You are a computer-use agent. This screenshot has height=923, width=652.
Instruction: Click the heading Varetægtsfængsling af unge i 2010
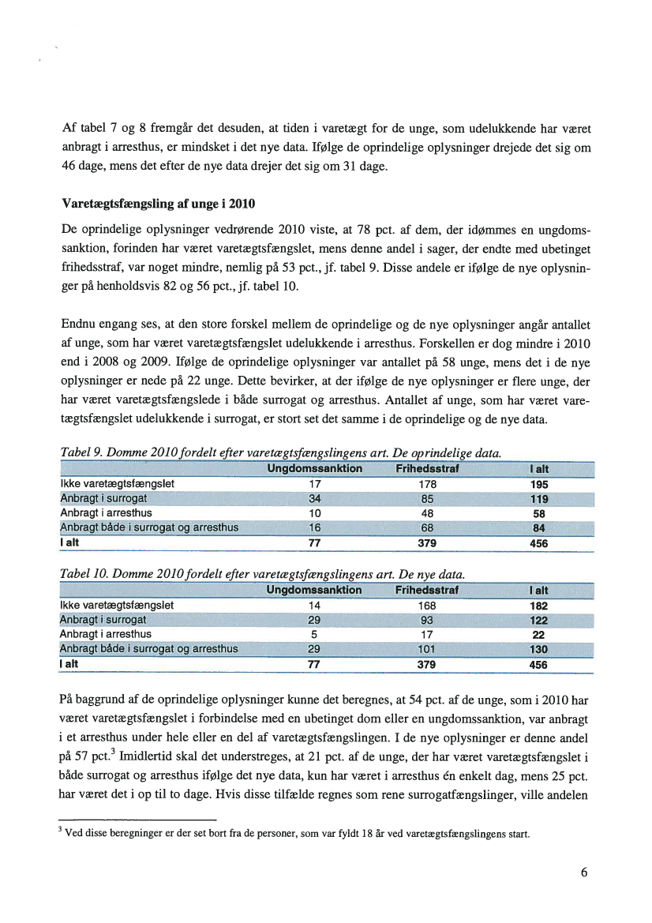pos(158,204)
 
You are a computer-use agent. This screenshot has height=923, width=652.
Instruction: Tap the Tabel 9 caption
pos(281,453)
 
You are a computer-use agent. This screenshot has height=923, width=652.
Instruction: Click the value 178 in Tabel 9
pos(428,484)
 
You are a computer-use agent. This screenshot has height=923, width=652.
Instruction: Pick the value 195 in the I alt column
pos(540,484)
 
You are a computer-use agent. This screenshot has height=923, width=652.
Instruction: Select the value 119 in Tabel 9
pos(540,499)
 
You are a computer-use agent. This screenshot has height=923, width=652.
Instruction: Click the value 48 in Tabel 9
pos(428,513)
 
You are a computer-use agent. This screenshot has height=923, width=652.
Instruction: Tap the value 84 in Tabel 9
pos(540,528)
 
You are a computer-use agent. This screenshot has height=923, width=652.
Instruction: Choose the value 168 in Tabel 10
pos(428,605)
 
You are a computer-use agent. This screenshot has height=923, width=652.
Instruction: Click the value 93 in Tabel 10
pos(428,620)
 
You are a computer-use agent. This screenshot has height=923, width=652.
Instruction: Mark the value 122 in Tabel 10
pos(540,620)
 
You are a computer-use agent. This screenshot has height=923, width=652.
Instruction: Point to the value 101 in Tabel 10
pos(428,649)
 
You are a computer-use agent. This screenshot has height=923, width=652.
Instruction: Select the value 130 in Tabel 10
pos(540,649)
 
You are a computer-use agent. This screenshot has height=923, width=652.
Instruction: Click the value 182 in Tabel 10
pos(540,605)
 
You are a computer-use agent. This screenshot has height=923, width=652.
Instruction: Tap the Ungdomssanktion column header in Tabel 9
pos(314,469)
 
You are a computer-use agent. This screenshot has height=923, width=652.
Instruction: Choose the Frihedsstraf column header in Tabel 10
pos(428,590)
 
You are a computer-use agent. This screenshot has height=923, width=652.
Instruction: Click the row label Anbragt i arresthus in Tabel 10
pos(106,634)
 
